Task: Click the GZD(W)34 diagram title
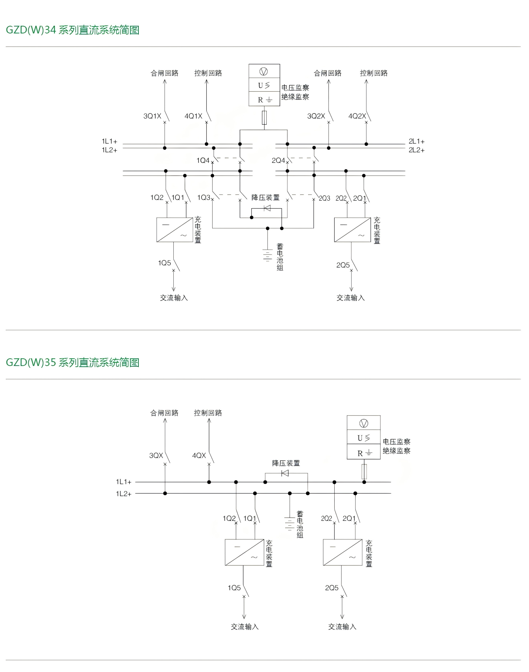pos(73,30)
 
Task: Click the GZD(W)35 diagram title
pos(73,362)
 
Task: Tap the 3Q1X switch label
pos(152,116)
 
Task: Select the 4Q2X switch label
pos(357,116)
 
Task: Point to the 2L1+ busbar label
pos(416,141)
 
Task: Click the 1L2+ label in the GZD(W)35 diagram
pos(124,494)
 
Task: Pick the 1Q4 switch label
pos(203,160)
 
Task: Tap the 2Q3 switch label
pos(324,198)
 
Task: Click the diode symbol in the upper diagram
pos(267,208)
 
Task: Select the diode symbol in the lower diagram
pos(285,473)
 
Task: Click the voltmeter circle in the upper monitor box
pos(264,72)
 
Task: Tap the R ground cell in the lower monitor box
pos(364,453)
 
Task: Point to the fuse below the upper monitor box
pos(264,118)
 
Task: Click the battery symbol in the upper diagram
pos(267,255)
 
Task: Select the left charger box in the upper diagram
pos(174,230)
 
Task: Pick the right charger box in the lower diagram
pos(343,552)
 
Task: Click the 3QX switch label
pos(156,455)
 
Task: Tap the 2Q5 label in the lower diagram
pos(332,588)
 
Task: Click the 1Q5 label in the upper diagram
pos(164,263)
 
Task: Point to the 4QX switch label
pos(199,455)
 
